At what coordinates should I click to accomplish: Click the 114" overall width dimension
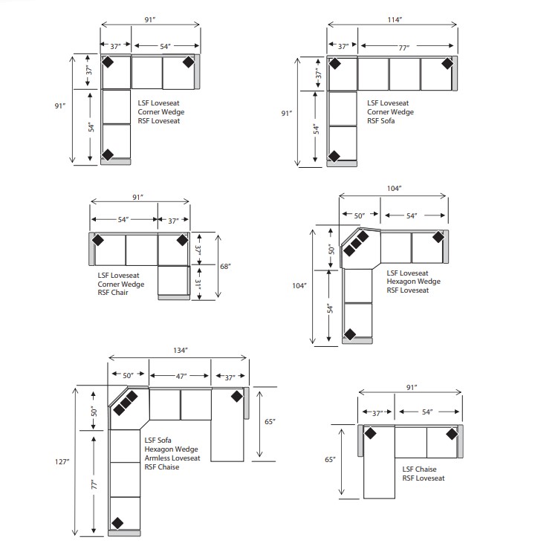[395, 20]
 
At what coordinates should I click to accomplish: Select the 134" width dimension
[181, 350]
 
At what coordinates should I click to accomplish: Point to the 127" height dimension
[62, 461]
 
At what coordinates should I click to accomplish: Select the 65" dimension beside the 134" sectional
[270, 422]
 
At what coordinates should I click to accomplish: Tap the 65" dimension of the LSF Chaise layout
[331, 460]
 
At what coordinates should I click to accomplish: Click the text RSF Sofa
[381, 121]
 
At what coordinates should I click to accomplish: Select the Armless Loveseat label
[172, 458]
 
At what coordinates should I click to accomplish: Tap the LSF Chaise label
[419, 469]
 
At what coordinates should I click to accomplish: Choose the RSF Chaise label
[162, 467]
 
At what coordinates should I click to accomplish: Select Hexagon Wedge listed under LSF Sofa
[172, 449]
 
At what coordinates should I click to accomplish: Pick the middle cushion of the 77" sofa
[404, 74]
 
